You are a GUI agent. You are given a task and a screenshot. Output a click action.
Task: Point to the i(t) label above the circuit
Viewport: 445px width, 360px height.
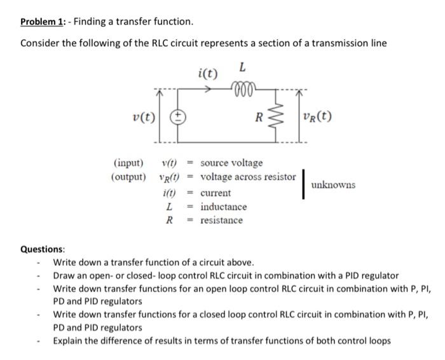(x=207, y=73)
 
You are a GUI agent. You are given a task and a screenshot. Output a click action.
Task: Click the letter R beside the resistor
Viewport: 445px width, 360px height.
(x=258, y=117)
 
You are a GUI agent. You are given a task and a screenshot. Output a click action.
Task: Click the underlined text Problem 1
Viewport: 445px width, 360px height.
(x=43, y=22)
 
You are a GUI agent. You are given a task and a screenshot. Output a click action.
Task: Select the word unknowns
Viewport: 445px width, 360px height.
(x=333, y=185)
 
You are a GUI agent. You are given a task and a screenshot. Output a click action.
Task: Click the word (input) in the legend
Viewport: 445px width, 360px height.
(x=127, y=163)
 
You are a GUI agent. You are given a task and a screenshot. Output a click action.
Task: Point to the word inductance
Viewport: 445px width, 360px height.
(x=223, y=207)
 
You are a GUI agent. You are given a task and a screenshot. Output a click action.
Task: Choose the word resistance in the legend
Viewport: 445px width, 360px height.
(x=221, y=220)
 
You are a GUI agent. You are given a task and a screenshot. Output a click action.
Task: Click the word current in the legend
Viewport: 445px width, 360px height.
(x=216, y=193)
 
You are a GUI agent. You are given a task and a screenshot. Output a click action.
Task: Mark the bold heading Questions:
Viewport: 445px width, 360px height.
(x=43, y=249)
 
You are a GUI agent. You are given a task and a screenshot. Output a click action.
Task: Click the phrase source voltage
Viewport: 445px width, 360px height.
(x=231, y=163)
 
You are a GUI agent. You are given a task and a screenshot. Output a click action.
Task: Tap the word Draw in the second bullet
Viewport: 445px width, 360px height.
(x=64, y=275)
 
